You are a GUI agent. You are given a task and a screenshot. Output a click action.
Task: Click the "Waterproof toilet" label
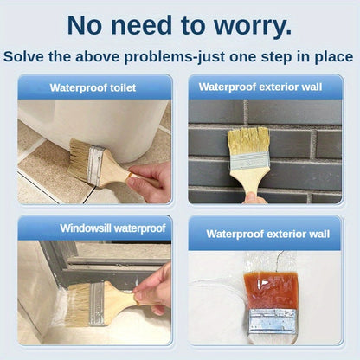click(94, 87)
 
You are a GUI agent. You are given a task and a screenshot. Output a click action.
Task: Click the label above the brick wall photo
click(264, 87)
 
